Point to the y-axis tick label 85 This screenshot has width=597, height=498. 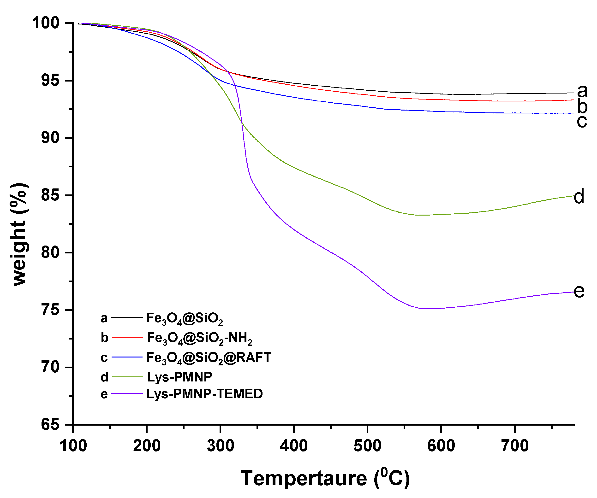click(x=50, y=195)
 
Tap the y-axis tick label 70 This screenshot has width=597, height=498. click(x=50, y=367)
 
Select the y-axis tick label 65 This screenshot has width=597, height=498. click(x=50, y=425)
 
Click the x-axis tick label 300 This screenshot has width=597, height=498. click(x=220, y=445)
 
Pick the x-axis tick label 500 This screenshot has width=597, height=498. click(x=367, y=445)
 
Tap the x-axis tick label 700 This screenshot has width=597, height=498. click(x=514, y=445)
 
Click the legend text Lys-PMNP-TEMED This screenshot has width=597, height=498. click(x=204, y=394)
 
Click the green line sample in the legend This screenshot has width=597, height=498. click(x=127, y=377)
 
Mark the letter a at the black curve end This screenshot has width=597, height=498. click(x=582, y=91)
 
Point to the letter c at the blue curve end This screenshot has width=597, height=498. click(x=582, y=121)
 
